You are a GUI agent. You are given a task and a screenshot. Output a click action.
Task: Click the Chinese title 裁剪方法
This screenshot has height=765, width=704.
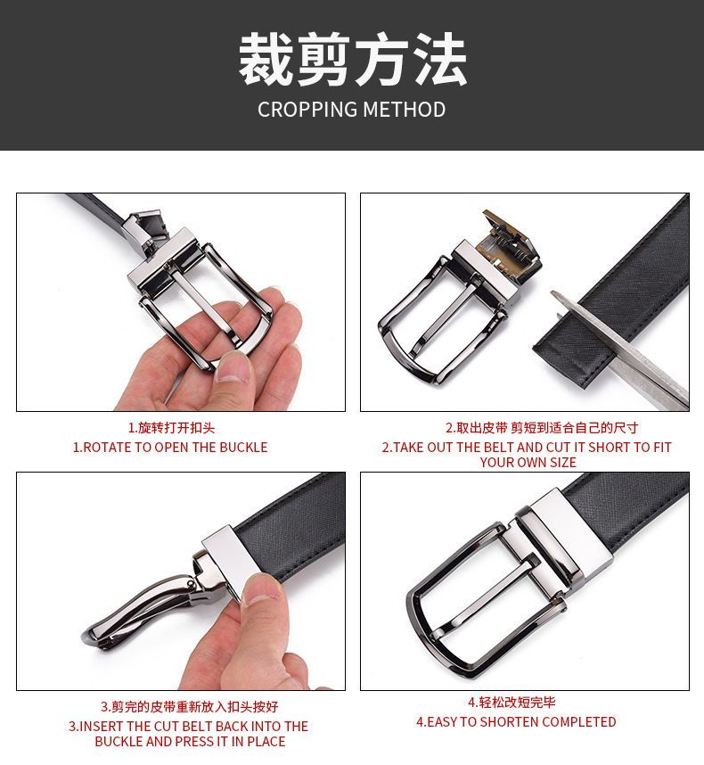(352, 60)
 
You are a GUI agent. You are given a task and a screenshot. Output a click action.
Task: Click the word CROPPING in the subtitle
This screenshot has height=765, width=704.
(308, 110)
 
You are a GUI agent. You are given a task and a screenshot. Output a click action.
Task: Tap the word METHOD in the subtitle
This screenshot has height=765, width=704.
(405, 110)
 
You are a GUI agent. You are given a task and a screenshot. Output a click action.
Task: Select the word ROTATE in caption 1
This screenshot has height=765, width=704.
(107, 448)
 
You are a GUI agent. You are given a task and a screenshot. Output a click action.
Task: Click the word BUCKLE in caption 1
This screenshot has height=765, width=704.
(243, 448)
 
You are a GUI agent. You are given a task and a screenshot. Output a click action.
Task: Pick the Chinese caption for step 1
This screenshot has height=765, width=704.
(171, 428)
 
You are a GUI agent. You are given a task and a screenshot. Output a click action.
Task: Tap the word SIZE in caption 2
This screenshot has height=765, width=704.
(562, 463)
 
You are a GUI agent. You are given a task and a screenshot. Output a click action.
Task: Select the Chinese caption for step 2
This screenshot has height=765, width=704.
(542, 428)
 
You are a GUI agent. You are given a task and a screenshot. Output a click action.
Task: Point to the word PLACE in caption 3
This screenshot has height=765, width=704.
(266, 742)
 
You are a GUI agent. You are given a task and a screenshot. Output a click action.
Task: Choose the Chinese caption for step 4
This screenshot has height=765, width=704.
(512, 702)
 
